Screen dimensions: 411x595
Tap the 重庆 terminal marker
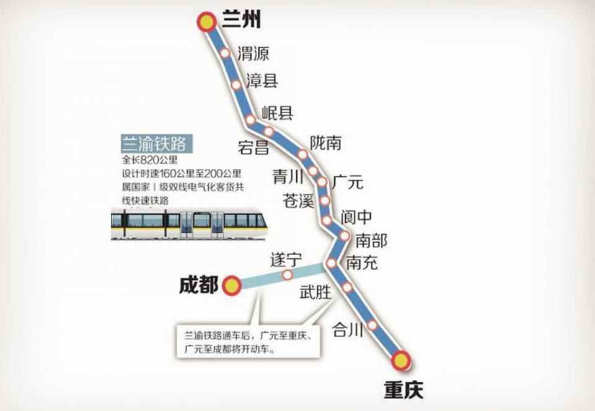[401, 359]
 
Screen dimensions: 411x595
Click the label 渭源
[253, 54]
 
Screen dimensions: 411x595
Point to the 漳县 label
[262, 81]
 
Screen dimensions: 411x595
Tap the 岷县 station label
[277, 112]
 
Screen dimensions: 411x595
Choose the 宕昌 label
[253, 147]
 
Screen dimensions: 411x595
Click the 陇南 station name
[326, 143]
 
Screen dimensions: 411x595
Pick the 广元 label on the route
[348, 183]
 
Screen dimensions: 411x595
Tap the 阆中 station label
[358, 217]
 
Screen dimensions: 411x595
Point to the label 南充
[362, 263]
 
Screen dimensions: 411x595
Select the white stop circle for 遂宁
[288, 274]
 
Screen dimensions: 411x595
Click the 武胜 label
[315, 292]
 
